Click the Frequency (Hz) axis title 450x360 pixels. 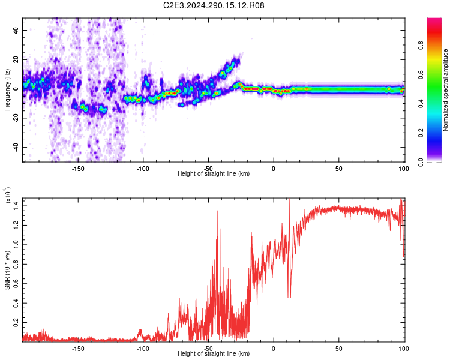click(x=8, y=90)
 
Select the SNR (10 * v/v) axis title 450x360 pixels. click(x=8, y=268)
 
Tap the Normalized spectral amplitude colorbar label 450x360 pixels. click(x=446, y=90)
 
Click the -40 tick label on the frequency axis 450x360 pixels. click(x=15, y=147)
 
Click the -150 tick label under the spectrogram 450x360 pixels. click(x=78, y=169)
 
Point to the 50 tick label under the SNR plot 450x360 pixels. click(x=339, y=349)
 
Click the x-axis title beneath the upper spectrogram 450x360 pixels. click(x=214, y=174)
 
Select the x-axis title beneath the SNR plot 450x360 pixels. click(x=214, y=354)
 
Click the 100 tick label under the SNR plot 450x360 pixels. click(x=404, y=349)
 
